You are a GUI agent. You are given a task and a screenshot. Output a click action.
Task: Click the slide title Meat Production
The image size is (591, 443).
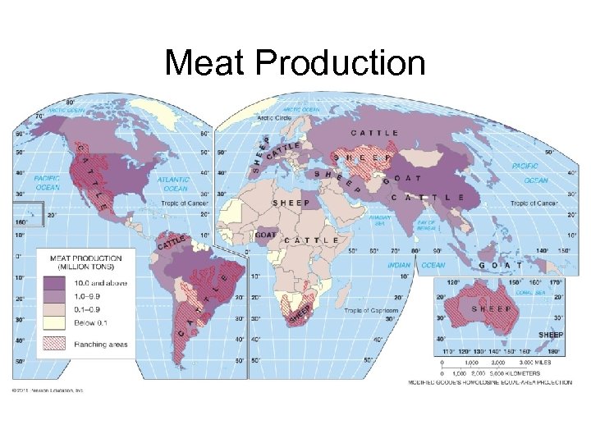[x=295, y=63]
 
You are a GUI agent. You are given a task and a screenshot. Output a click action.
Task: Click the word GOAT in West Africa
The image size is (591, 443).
[x=266, y=234]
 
